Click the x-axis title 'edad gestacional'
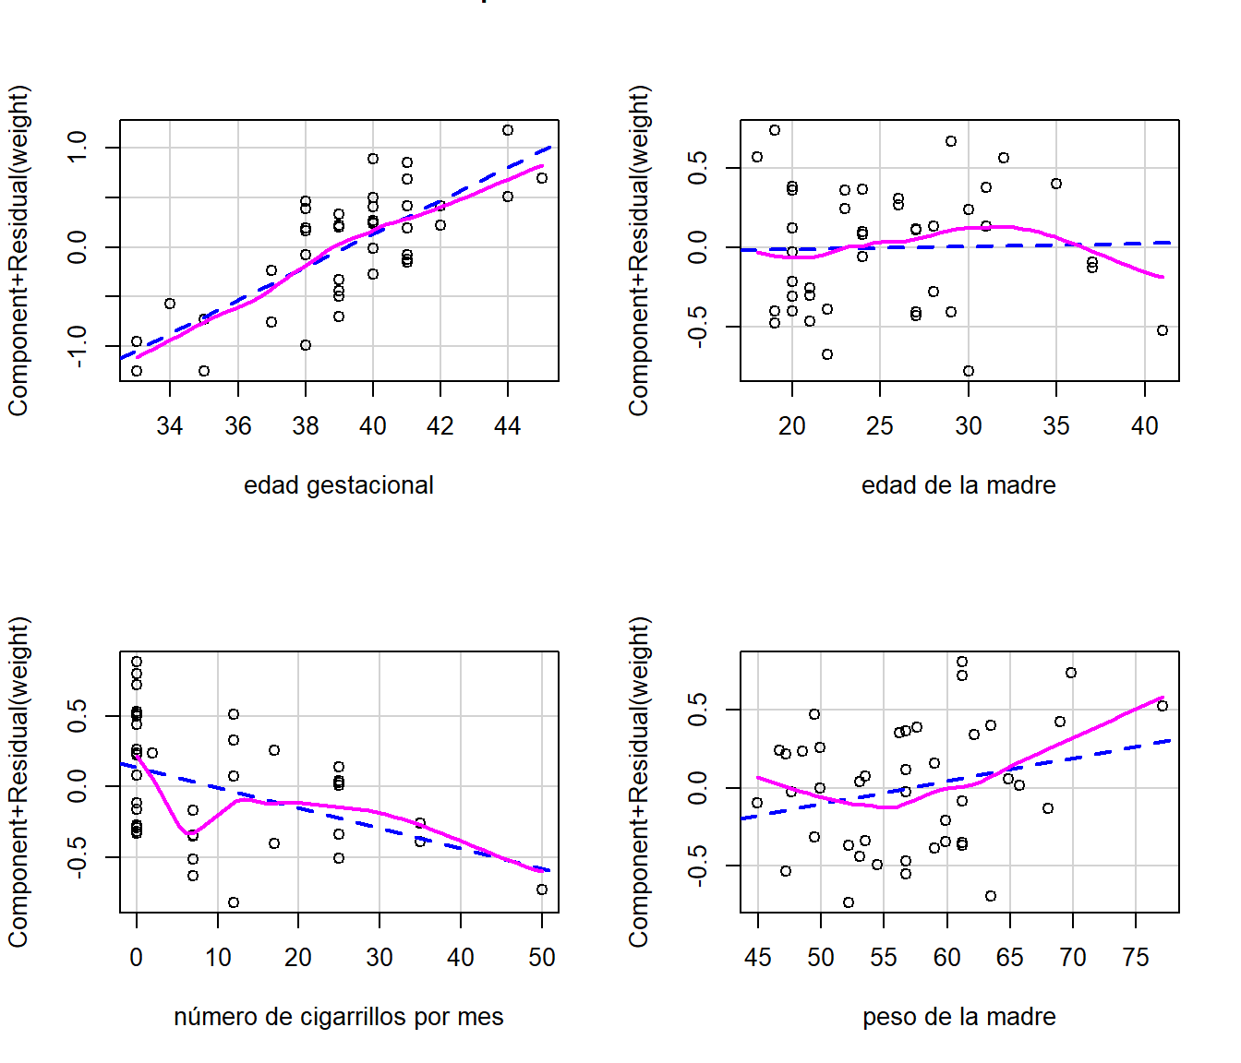click(x=338, y=485)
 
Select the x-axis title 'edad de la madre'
click(x=958, y=485)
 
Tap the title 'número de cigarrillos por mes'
click(x=338, y=1017)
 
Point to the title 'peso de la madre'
click(x=958, y=1017)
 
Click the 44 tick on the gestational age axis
click(x=508, y=426)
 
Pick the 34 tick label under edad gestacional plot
click(x=170, y=426)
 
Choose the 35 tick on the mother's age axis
click(x=1056, y=426)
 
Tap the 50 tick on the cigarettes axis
click(x=542, y=958)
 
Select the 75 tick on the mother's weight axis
click(x=1136, y=958)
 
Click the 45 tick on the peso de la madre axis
click(x=757, y=958)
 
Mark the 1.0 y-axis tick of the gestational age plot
click(x=77, y=147)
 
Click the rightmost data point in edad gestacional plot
click(x=542, y=178)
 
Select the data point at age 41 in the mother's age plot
click(x=1163, y=330)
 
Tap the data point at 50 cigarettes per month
click(x=542, y=890)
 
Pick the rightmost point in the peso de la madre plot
click(x=1163, y=706)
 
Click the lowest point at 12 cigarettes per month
click(x=234, y=902)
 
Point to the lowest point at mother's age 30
click(x=969, y=371)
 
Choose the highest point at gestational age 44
click(x=508, y=130)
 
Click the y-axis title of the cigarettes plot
click(x=18, y=782)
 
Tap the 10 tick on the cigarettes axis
click(x=218, y=958)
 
